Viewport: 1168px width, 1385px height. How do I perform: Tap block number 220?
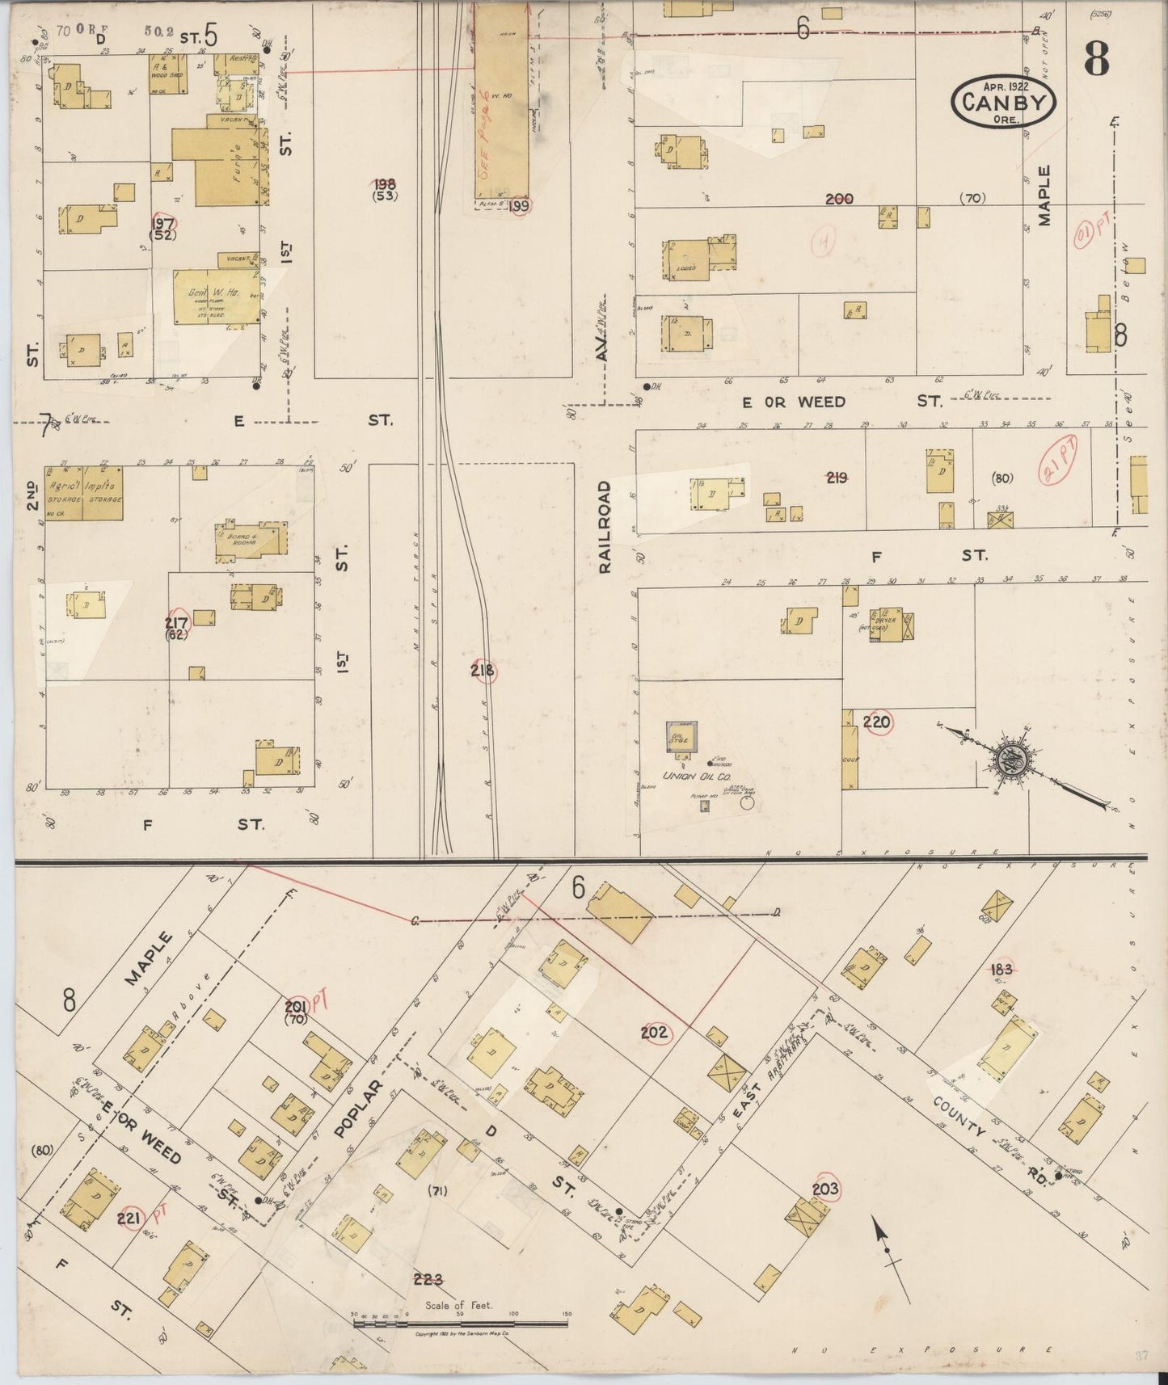pyautogui.click(x=876, y=722)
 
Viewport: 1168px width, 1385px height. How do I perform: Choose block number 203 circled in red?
pyautogui.click(x=825, y=1189)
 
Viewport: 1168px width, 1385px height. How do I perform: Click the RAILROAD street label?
pyautogui.click(x=605, y=527)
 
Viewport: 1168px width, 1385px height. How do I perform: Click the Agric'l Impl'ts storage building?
pyautogui.click(x=83, y=492)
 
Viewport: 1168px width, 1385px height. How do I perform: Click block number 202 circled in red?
pyautogui.click(x=655, y=1032)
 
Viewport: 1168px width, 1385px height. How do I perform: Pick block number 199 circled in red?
pyautogui.click(x=520, y=206)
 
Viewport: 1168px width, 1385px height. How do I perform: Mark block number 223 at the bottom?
pyautogui.click(x=428, y=1278)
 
